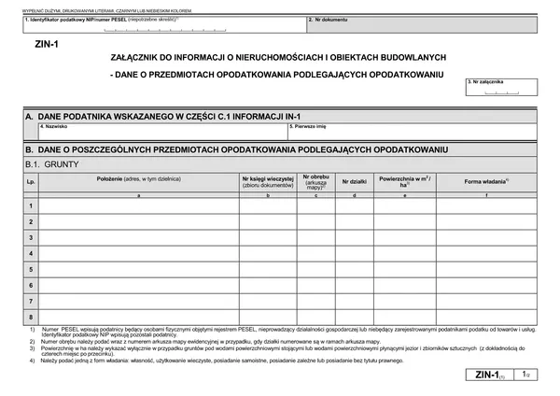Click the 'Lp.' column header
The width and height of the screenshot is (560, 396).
(x=31, y=181)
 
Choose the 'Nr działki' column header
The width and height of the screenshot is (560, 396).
(x=355, y=181)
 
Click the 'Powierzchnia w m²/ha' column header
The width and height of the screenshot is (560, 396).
(x=403, y=181)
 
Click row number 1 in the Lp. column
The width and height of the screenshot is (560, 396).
(x=31, y=205)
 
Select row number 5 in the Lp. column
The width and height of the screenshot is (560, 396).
(x=31, y=269)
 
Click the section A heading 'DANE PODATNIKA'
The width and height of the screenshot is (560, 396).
(x=149, y=115)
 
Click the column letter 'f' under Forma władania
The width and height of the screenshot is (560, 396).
(x=487, y=195)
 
